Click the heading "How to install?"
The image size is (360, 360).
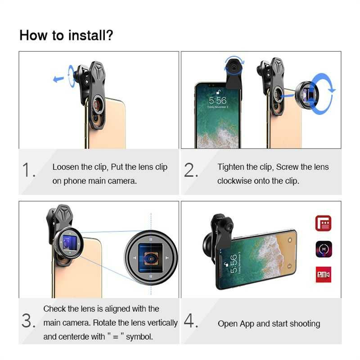(x=66, y=35)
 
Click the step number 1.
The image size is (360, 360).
(x=29, y=171)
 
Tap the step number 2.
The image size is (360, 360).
(x=191, y=171)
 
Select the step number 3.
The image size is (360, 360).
(x=28, y=321)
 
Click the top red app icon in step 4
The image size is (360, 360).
(x=323, y=223)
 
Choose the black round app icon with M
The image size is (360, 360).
(x=323, y=248)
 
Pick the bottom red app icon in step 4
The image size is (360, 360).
(x=323, y=274)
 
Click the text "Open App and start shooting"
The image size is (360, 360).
(x=269, y=324)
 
